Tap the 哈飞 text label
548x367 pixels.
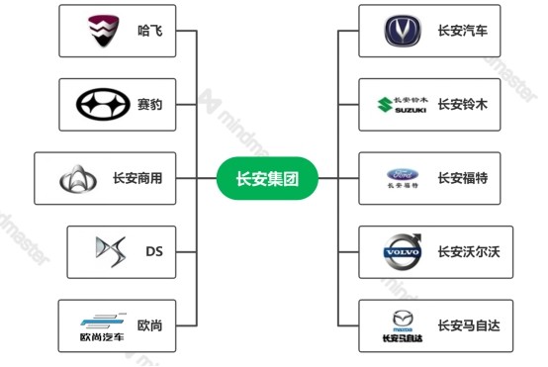(149, 31)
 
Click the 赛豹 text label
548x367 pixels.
(149, 104)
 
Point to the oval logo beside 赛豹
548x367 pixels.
(101, 104)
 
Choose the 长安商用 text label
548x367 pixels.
(138, 179)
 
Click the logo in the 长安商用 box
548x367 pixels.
(78, 179)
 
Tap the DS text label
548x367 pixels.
(153, 251)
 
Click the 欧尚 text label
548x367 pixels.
(149, 324)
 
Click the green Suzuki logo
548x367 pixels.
(402, 104)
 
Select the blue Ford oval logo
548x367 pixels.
(403, 179)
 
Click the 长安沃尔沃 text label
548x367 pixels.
(469, 251)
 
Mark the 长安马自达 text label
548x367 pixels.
(469, 324)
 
